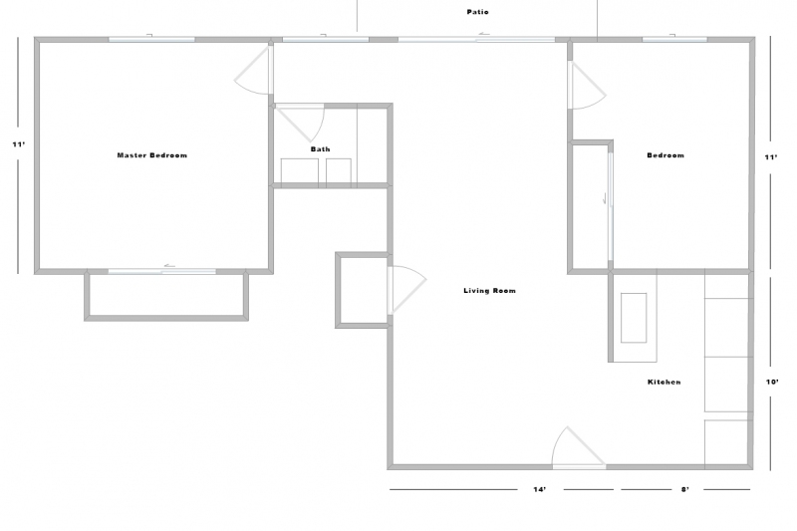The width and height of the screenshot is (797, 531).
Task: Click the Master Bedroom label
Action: tap(152, 155)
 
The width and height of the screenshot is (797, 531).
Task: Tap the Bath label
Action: tap(320, 148)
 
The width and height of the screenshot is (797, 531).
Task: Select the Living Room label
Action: tap(489, 291)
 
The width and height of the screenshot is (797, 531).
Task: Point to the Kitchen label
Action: tap(664, 382)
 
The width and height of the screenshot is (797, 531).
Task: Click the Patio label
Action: tap(478, 12)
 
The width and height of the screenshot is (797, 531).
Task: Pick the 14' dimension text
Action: tap(540, 489)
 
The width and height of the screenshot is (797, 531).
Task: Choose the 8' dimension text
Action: tap(685, 489)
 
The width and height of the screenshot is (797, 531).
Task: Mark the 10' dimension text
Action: tap(772, 382)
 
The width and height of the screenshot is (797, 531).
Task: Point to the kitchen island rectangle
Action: tap(634, 318)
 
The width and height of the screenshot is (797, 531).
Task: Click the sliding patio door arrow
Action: tap(483, 35)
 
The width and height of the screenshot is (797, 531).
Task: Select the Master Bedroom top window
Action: tap(151, 39)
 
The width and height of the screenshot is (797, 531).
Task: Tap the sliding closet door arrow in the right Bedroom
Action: tap(605, 198)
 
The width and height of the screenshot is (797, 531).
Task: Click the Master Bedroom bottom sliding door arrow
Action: tap(169, 265)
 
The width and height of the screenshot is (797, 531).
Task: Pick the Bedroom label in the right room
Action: tap(665, 155)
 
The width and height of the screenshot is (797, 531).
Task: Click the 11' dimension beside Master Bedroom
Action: tap(19, 144)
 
